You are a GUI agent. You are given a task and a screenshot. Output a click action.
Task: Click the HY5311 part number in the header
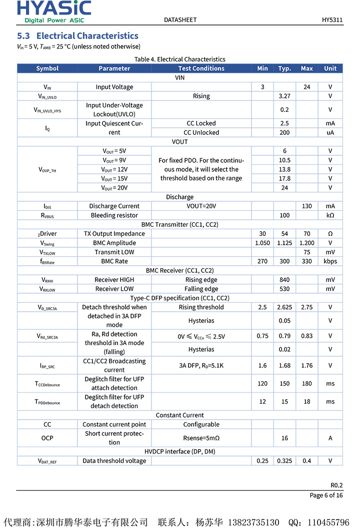[332, 20]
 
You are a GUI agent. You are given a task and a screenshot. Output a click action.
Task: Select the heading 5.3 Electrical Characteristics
[77, 36]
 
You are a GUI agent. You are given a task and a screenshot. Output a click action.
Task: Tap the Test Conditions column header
[201, 68]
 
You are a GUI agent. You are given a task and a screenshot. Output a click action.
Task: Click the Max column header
[306, 68]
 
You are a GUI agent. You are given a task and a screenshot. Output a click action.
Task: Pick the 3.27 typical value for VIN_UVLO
[284, 96]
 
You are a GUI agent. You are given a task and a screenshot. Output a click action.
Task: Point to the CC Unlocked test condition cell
[201, 132]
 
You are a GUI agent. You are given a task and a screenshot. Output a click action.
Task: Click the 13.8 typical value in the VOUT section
[284, 169]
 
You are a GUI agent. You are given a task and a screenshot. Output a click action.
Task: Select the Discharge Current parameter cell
[114, 206]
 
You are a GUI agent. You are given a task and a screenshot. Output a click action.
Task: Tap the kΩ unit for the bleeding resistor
[330, 215]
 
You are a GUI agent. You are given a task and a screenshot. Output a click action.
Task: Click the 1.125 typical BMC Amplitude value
[284, 243]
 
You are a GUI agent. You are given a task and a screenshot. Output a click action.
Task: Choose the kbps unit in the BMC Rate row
[330, 261]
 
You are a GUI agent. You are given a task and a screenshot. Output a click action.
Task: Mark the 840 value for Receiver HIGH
[284, 280]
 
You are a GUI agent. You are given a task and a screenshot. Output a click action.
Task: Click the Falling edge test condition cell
[201, 289]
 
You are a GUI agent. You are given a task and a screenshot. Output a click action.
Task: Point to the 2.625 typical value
[284, 307]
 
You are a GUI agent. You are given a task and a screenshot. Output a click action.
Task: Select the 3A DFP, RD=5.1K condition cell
[201, 366]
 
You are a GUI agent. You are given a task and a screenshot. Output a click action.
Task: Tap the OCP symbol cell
[47, 438]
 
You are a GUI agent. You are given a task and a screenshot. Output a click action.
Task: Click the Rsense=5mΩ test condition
[201, 438]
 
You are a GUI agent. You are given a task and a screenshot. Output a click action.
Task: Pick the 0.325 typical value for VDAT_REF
[284, 461]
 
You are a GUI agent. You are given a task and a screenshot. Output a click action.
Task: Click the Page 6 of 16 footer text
[326, 495]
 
